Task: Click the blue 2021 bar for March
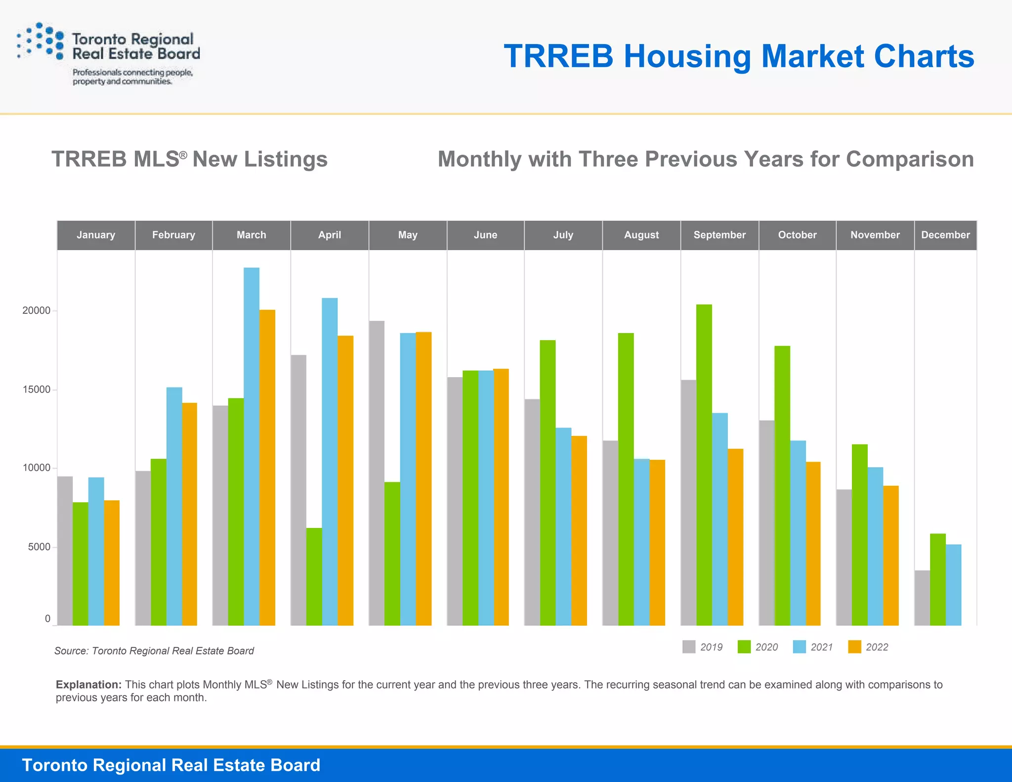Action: click(252, 445)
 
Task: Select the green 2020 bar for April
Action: click(314, 576)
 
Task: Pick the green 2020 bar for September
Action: click(704, 465)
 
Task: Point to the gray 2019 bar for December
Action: click(922, 598)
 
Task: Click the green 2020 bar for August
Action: click(626, 479)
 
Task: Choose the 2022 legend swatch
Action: click(854, 647)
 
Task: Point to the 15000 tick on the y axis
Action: click(37, 390)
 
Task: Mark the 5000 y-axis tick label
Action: click(39, 547)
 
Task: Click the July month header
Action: click(563, 235)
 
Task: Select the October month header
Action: click(797, 235)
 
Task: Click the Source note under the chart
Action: click(154, 651)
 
